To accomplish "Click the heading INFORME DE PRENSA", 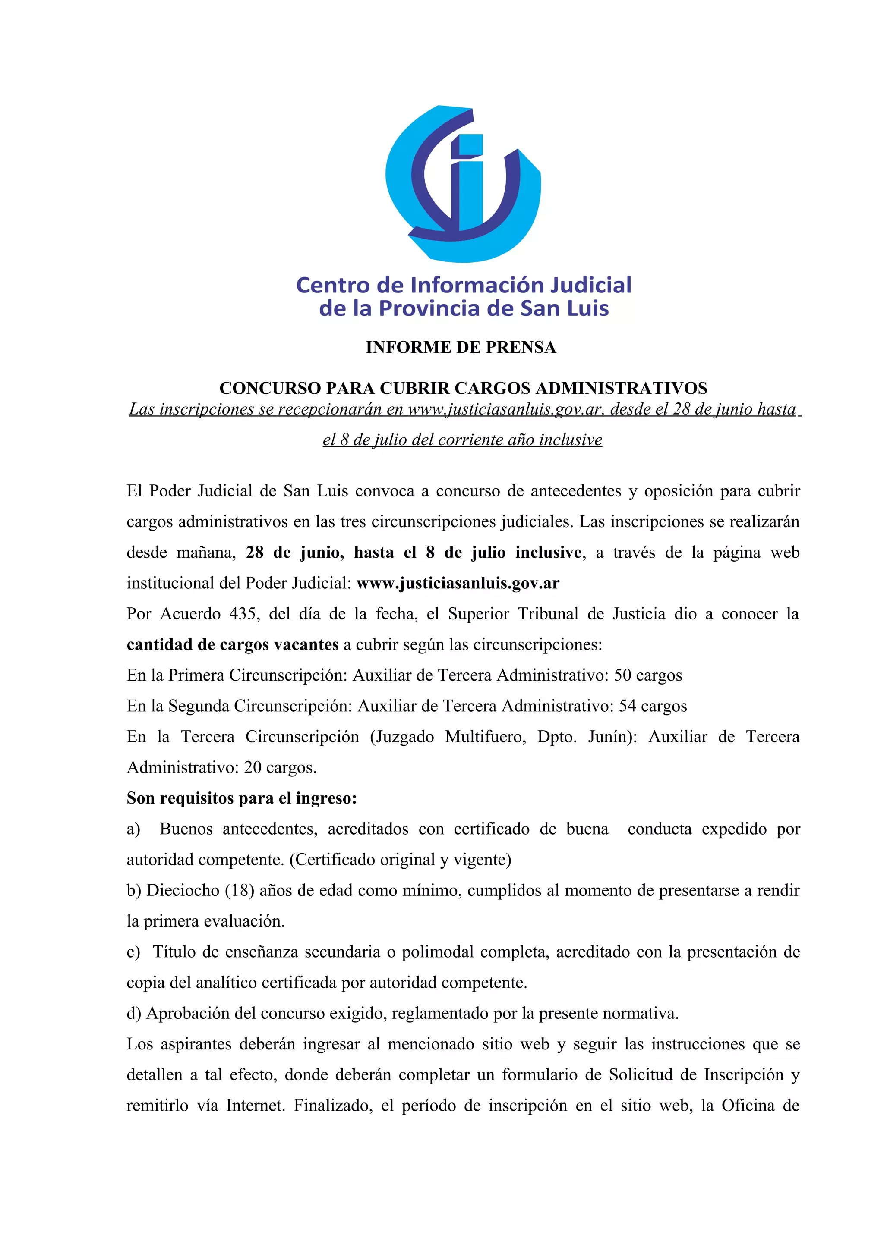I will (x=461, y=347).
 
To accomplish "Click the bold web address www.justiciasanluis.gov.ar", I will (x=458, y=583).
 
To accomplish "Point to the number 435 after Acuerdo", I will (x=243, y=614).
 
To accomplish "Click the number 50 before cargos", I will (x=622, y=675).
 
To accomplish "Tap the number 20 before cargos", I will (x=253, y=768).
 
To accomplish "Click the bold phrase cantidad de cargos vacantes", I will (x=233, y=644).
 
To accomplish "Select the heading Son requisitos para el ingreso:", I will (x=242, y=798).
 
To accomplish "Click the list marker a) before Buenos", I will (x=133, y=829).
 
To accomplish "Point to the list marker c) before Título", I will (x=133, y=952).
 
